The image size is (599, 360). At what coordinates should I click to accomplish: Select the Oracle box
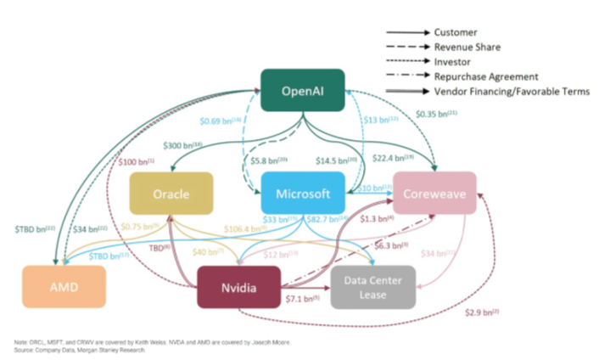pos(171,194)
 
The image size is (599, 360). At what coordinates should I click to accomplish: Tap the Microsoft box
pos(303,194)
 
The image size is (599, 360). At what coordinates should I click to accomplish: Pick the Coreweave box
pos(434,194)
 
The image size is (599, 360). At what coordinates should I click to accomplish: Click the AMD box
pos(64,286)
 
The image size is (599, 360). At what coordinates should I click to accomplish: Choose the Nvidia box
pos(238,286)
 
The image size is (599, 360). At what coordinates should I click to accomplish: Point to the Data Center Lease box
pos(373,286)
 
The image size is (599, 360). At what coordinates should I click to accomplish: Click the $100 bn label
pos(136,160)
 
